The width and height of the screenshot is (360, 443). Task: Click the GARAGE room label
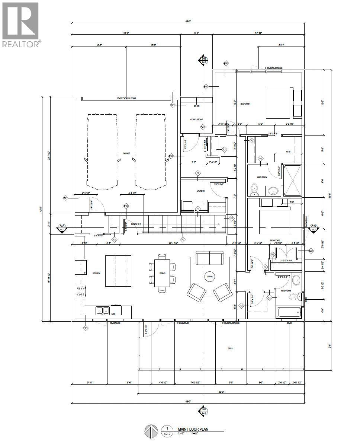126,153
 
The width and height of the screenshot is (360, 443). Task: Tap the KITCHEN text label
97,273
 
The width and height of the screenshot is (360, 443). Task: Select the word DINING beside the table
163,273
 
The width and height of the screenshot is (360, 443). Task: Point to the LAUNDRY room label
201,191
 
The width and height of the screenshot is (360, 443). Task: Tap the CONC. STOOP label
196,119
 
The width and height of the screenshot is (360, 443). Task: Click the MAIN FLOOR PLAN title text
193,429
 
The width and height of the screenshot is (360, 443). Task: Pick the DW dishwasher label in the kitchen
113,313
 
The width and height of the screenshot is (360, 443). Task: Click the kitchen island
118,271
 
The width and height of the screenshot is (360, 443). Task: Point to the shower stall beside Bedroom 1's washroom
292,179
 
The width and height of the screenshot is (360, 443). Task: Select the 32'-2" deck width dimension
221,392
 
